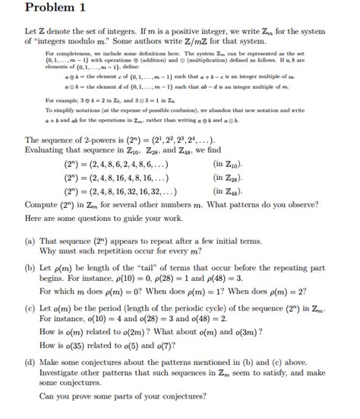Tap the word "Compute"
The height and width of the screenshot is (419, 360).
[x=44, y=204]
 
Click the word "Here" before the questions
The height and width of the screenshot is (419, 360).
[x=35, y=218]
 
